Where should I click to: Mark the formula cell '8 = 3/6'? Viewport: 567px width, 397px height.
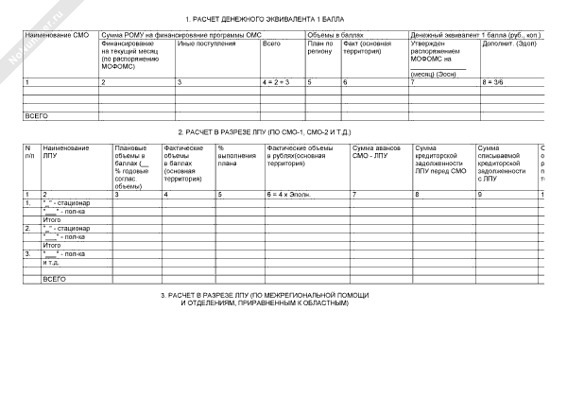(496, 84)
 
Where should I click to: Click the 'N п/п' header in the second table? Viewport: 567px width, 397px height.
(29, 153)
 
